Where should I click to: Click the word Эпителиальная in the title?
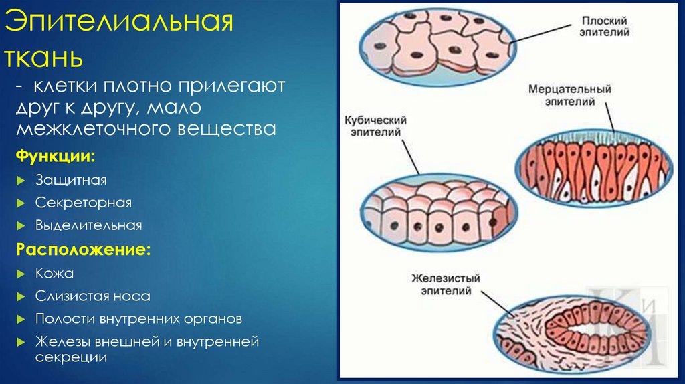[119, 21]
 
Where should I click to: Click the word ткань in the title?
[43, 58]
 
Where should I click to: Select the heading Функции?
[56, 156]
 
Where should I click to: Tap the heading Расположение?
[84, 249]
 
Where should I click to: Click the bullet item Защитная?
[71, 180]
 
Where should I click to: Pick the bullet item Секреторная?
[84, 203]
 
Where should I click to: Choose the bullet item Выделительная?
[89, 225]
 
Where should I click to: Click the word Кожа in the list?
[54, 274]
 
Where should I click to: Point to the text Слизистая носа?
[92, 296]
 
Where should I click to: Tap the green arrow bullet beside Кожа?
[21, 274]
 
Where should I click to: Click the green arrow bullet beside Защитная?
[21, 181]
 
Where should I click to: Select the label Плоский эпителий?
[605, 27]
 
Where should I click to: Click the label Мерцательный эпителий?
[570, 95]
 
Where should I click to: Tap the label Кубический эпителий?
[376, 126]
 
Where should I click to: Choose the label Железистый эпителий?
[446, 284]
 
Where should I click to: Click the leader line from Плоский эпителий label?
[540, 34]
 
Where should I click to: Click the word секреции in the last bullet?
[71, 357]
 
